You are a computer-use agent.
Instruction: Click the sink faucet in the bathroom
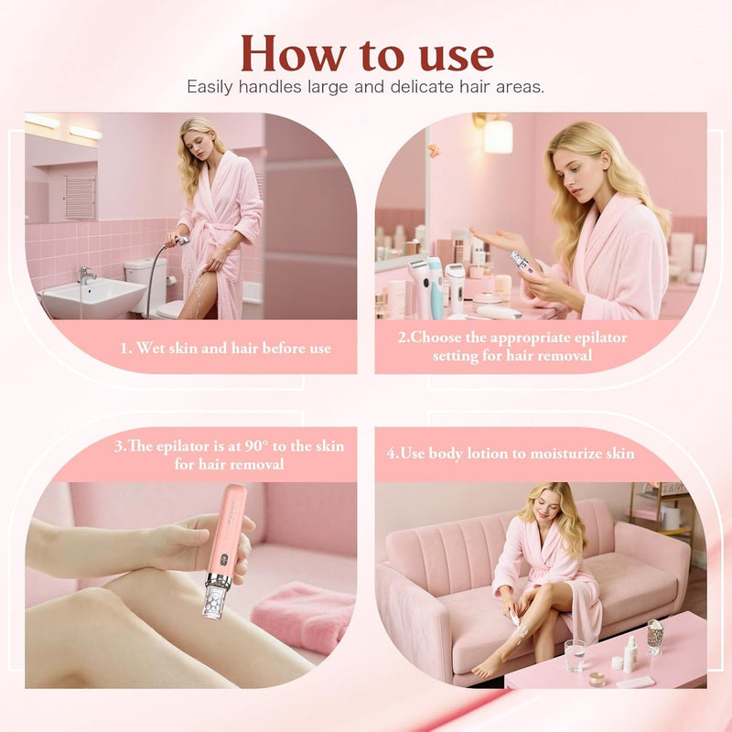pyautogui.click(x=86, y=274)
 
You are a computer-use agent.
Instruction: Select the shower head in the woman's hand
pyautogui.click(x=182, y=242)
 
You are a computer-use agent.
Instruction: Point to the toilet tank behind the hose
pyautogui.click(x=144, y=274)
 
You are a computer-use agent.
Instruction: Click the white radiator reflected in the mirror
pyautogui.click(x=80, y=196)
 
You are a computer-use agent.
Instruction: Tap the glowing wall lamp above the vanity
pyautogui.click(x=498, y=135)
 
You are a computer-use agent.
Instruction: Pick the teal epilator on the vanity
pyautogui.click(x=436, y=285)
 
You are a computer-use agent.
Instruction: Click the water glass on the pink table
pyautogui.click(x=575, y=654)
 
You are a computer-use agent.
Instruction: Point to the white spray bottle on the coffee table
pyautogui.click(x=632, y=654)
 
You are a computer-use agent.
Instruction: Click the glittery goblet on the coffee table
pyautogui.click(x=654, y=635)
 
